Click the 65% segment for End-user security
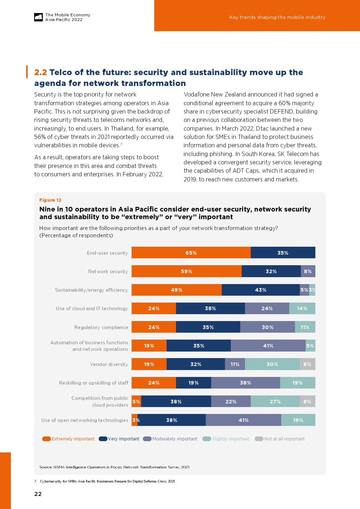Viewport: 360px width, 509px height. click(191, 253)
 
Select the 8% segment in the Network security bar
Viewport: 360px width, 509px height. click(308, 271)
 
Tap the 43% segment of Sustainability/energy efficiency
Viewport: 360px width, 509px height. click(261, 290)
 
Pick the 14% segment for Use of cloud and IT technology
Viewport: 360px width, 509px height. click(302, 308)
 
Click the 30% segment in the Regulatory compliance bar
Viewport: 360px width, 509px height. click(267, 327)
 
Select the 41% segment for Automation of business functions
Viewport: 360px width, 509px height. click(268, 346)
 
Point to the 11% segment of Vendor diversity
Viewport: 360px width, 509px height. click(235, 364)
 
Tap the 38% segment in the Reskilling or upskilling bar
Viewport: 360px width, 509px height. click(245, 383)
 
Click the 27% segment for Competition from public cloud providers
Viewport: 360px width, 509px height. click(275, 402)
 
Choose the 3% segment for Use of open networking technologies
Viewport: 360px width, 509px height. click(135, 420)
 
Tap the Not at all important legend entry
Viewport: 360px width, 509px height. click(280, 439)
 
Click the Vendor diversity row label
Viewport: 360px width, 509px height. click(109, 365)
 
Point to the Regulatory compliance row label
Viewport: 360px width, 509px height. click(101, 327)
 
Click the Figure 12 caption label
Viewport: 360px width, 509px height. click(50, 200)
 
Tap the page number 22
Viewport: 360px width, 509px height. click(38, 494)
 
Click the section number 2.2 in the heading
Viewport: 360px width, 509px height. click(40, 73)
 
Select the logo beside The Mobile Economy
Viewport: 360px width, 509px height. click(38, 17)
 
